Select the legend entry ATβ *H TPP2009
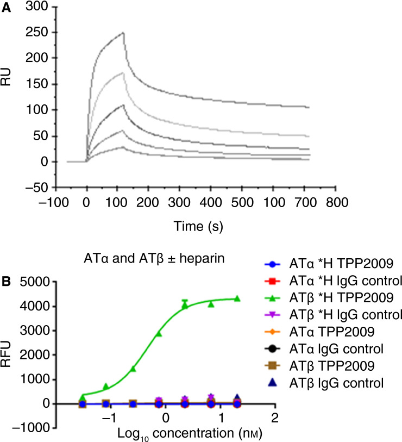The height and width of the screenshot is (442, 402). (x=330, y=300)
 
